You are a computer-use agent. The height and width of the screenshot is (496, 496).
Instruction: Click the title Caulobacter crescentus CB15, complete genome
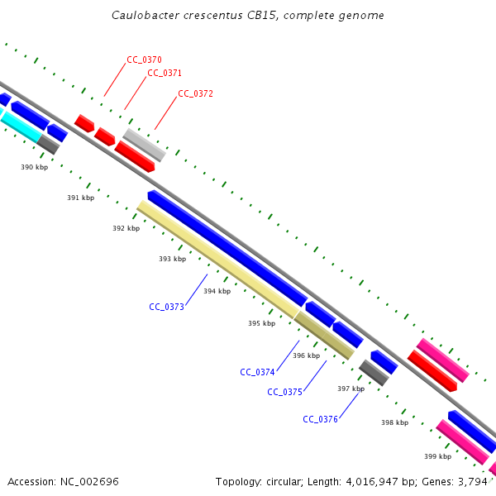[x=248, y=16]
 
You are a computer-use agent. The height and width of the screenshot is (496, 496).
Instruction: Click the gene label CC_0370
[x=144, y=60]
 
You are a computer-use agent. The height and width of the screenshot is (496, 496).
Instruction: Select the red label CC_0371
[x=165, y=73]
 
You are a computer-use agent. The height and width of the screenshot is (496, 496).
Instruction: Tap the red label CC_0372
[x=195, y=93]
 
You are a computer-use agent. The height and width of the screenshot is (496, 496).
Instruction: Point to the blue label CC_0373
[x=166, y=307]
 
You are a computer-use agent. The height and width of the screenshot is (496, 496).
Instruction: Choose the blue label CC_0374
[x=257, y=372]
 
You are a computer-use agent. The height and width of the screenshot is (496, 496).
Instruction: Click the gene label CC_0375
[x=284, y=392]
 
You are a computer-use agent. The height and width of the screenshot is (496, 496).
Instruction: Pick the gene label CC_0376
[x=320, y=419]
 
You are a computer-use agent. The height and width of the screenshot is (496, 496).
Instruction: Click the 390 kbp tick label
[x=34, y=167]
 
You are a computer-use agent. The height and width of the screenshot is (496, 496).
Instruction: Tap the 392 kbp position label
[x=126, y=228]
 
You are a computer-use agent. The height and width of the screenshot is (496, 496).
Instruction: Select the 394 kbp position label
[x=217, y=291]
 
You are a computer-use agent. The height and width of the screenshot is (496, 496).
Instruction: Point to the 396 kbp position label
[x=306, y=355]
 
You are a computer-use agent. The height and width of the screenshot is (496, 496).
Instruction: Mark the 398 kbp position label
[x=394, y=422]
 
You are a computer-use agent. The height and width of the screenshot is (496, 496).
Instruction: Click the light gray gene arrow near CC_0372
[x=145, y=145]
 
